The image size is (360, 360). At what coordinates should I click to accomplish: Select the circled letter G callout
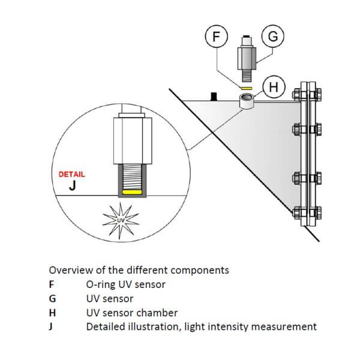(273, 37)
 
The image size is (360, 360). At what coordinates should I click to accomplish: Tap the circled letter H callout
(274, 87)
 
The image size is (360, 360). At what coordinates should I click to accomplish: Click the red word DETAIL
(71, 175)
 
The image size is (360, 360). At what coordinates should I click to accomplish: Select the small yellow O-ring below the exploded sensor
(245, 88)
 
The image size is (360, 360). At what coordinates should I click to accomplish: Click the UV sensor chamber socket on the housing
(246, 100)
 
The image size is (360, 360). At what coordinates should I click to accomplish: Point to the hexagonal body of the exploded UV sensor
(246, 59)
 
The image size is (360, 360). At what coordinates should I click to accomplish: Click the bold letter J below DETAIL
(72, 186)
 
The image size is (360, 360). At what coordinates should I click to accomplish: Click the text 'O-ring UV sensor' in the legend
(125, 284)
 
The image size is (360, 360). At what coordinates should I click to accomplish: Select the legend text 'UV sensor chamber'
(131, 313)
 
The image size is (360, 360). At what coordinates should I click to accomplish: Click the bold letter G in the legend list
(52, 298)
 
